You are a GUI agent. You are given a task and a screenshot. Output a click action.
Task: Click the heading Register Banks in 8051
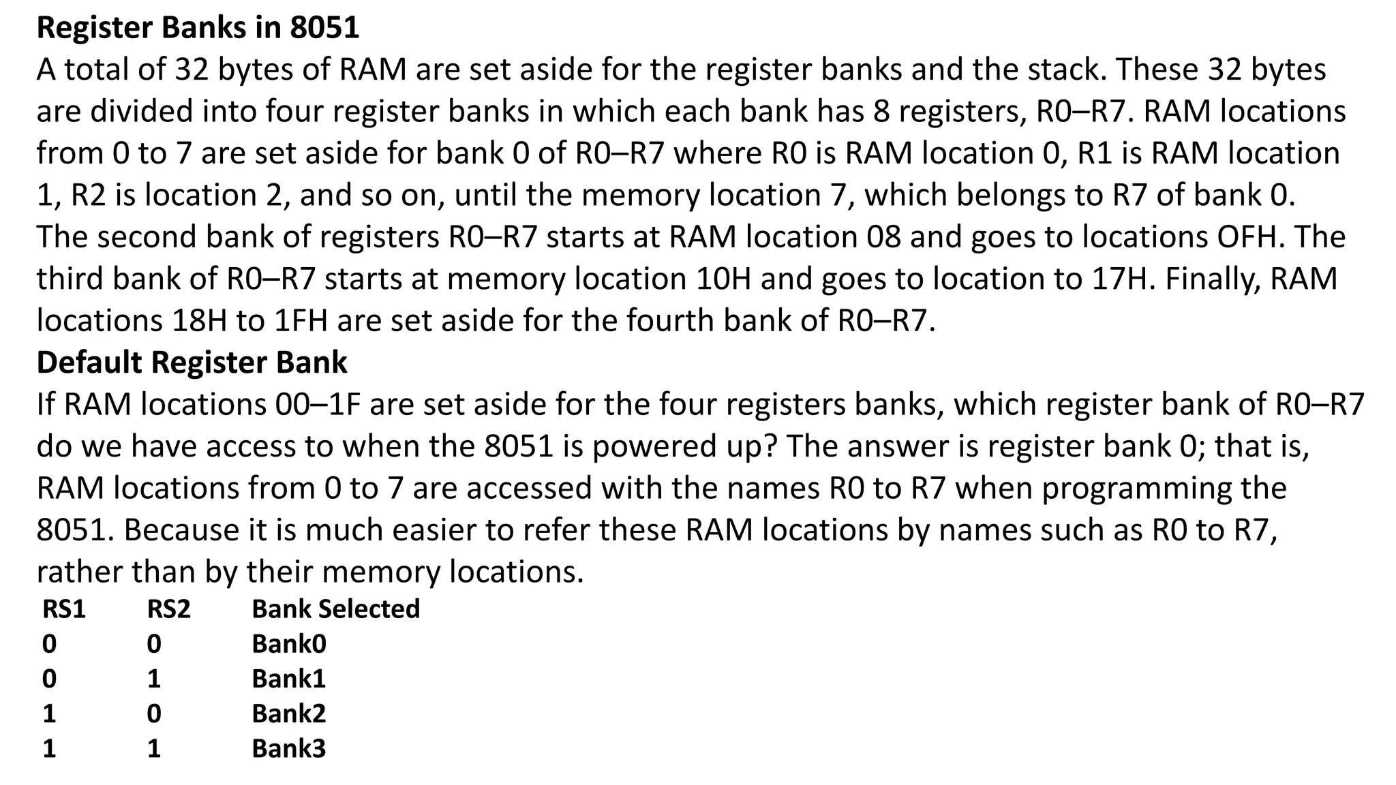point(198,28)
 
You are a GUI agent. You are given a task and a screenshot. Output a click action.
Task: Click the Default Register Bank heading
point(192,362)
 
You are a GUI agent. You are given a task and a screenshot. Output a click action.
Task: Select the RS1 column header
point(64,609)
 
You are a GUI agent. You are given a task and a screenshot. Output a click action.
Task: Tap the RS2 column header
point(168,609)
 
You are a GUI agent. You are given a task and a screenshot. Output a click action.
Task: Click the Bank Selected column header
point(335,609)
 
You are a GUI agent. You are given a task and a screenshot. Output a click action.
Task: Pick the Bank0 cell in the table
point(289,644)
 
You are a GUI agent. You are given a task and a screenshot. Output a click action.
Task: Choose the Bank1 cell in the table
point(289,679)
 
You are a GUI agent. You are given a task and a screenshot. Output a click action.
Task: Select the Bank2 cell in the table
point(289,713)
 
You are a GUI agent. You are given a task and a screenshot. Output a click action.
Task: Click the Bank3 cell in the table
point(289,748)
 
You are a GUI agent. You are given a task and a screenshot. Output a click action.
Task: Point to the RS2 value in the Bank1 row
point(154,679)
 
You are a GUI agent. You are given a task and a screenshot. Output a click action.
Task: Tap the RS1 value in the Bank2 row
point(49,713)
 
